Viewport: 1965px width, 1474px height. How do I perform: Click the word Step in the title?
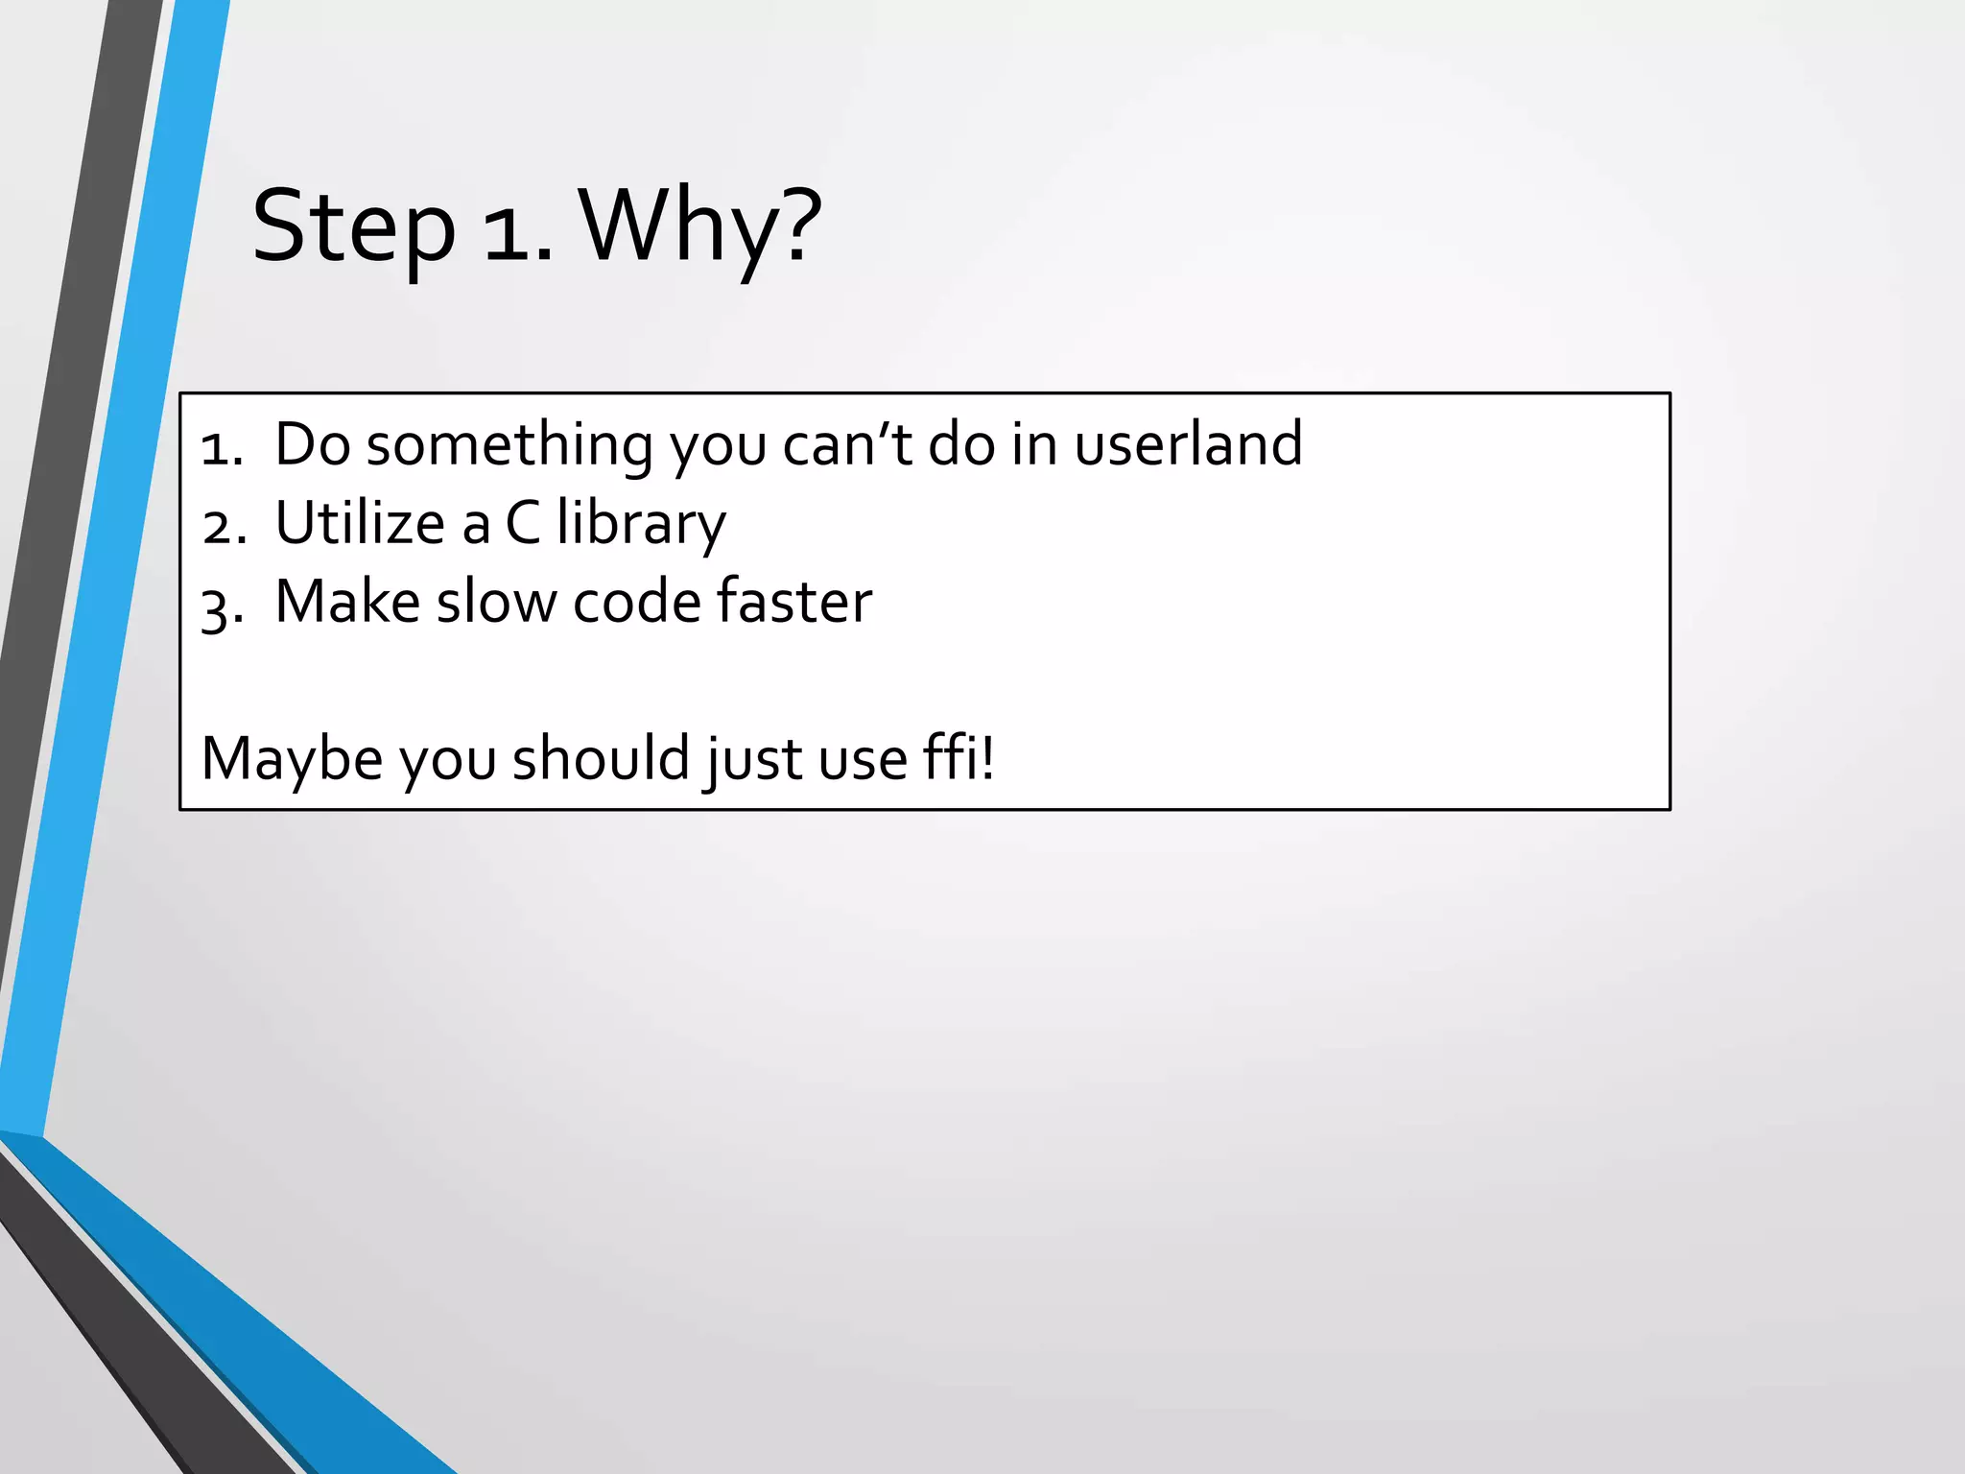(353, 227)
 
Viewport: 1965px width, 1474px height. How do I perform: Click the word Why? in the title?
(701, 227)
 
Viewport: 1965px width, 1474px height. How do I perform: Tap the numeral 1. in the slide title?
(518, 230)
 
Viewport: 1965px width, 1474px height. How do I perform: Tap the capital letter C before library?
(523, 524)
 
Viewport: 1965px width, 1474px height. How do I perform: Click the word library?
(641, 526)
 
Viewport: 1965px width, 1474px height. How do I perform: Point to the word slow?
(496, 602)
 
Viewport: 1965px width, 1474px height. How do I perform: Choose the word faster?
(794, 602)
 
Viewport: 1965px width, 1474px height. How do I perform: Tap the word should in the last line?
(601, 758)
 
